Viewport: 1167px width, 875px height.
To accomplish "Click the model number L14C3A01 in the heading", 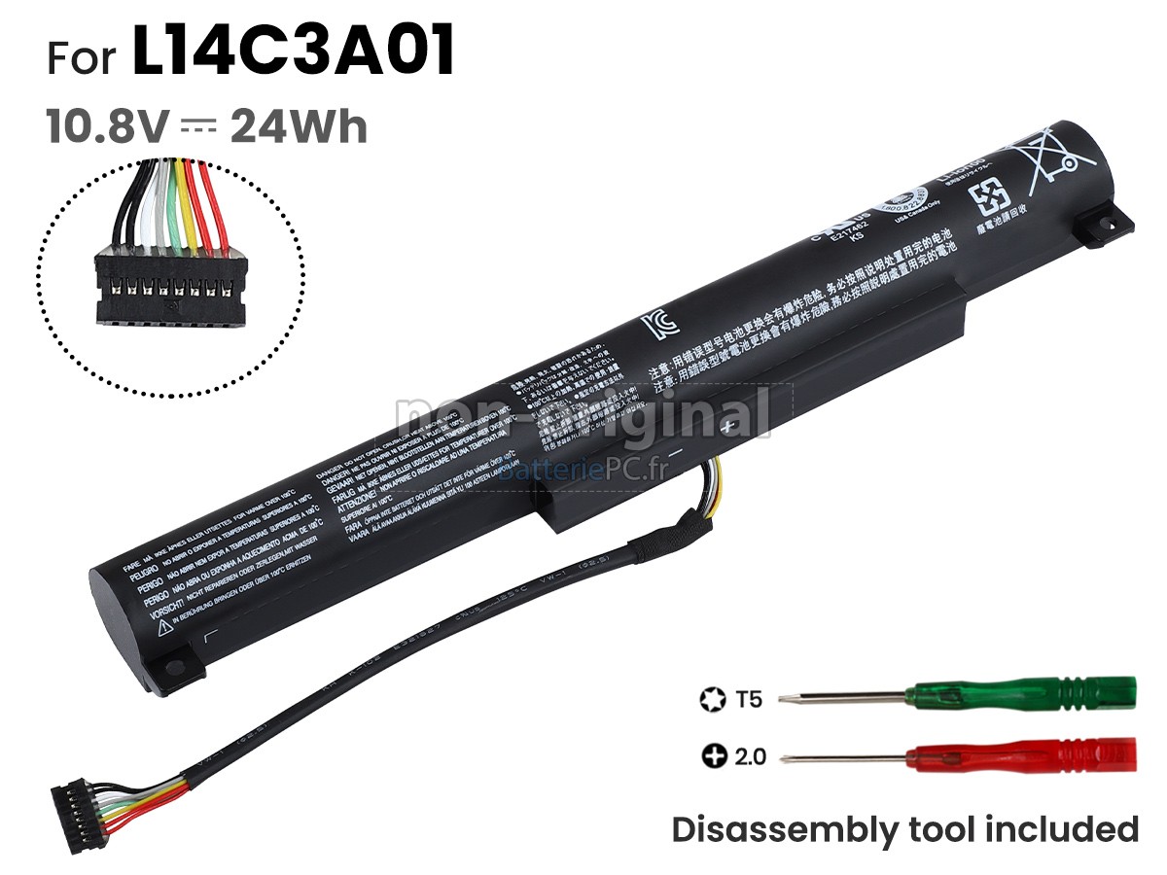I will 294,53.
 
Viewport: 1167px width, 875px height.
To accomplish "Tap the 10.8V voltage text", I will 108,127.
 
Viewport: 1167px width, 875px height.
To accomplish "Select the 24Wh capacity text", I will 299,127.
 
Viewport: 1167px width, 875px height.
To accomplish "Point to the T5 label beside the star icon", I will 749,698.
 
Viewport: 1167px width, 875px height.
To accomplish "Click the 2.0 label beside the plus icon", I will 749,755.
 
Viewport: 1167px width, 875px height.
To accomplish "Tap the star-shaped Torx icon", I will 711,698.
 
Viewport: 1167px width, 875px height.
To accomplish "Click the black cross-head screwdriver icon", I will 714,755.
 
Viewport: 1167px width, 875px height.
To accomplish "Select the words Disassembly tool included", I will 905,829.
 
